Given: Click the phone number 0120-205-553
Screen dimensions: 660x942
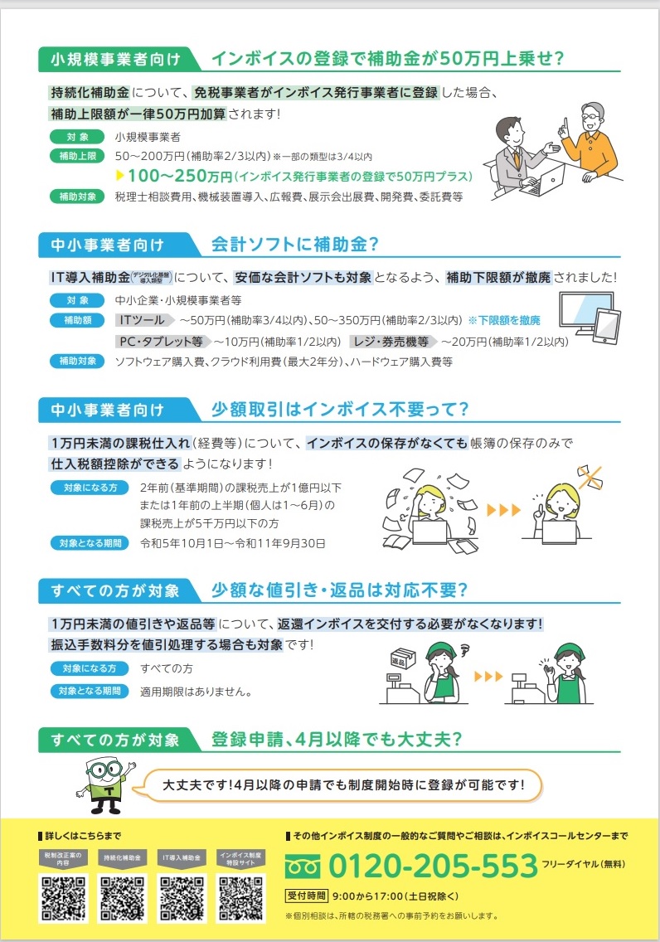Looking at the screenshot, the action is click(433, 866).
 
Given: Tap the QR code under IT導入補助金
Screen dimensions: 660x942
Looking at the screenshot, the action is click(182, 898).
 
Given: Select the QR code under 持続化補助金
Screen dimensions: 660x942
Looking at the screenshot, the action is click(123, 898).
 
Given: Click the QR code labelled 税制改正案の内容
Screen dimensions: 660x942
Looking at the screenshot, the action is click(63, 898).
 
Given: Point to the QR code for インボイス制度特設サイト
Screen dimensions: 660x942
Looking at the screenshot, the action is click(240, 898).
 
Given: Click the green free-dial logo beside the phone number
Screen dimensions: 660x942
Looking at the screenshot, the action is click(303, 867).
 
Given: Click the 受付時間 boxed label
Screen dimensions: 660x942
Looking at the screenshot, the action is click(306, 896).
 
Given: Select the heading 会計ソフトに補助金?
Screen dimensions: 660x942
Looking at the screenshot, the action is click(295, 245).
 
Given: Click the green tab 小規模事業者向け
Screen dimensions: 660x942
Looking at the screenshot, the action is click(115, 59).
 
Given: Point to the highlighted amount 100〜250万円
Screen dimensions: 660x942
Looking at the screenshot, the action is click(180, 176).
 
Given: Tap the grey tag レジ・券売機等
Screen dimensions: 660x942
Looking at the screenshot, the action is click(391, 342).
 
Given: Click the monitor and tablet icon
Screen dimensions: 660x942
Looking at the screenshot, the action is click(590, 318).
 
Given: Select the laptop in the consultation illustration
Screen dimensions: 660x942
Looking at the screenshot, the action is click(543, 180).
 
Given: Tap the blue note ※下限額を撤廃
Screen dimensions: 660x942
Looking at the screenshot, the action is click(504, 320).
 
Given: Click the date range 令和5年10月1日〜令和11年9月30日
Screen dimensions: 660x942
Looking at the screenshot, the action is click(233, 543).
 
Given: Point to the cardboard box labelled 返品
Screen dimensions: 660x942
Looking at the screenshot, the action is click(403, 658).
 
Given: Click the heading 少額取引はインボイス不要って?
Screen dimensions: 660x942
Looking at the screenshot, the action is click(339, 409).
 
